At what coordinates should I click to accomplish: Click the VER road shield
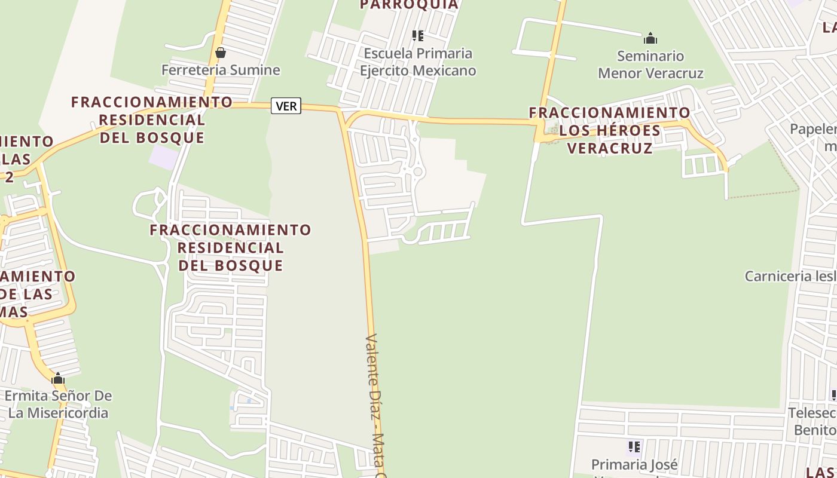point(286,106)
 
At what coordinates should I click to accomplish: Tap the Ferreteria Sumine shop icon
point(221,53)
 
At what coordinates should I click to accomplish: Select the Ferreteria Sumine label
point(221,70)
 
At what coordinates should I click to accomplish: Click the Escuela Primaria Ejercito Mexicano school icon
point(418,36)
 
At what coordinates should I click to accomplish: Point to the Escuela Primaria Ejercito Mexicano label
point(418,62)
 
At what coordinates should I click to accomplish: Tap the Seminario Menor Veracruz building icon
point(650,39)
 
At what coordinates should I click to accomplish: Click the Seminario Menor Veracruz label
point(650,65)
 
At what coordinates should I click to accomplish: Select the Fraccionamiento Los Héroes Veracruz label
point(610,130)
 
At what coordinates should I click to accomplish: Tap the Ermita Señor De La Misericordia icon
point(58,379)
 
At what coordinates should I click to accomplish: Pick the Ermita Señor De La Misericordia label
point(58,404)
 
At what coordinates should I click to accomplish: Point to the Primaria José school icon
point(634,446)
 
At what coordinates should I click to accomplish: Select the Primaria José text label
point(634,464)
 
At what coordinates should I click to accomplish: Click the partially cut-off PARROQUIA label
point(409,5)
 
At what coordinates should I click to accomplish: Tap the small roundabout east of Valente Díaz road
point(418,172)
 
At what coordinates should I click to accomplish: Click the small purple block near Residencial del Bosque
point(164,157)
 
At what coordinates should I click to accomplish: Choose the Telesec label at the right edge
point(812,421)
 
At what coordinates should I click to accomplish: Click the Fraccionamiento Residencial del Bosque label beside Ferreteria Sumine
point(152,119)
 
